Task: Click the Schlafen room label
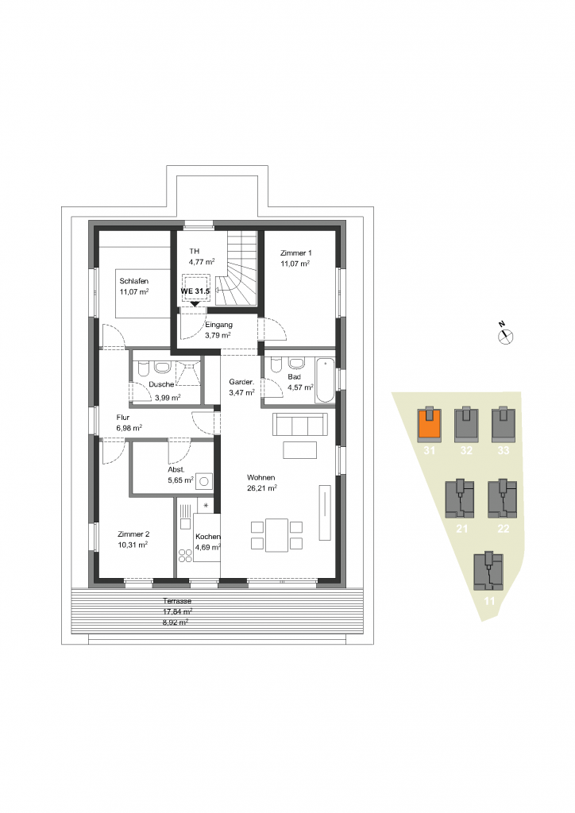[133, 281]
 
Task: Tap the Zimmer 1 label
[295, 253]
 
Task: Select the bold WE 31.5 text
[195, 291]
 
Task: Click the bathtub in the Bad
[325, 380]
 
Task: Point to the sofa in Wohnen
[299, 425]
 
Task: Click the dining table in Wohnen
[276, 535]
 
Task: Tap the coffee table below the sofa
[299, 450]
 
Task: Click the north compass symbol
[505, 336]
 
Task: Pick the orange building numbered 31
[430, 424]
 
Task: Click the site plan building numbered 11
[488, 572]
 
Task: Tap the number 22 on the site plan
[503, 529]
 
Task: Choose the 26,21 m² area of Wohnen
[261, 488]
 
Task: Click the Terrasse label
[177, 601]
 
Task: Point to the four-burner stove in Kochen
[185, 555]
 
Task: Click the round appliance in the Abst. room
[204, 482]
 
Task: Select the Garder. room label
[241, 382]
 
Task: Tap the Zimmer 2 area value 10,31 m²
[133, 545]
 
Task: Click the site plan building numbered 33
[504, 424]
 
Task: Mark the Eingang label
[218, 325]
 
